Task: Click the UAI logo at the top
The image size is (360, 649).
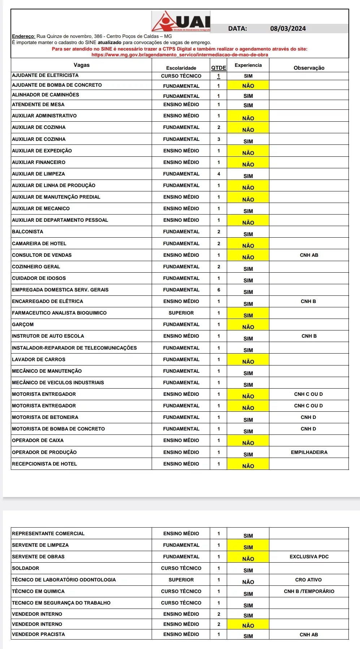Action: pos(181,21)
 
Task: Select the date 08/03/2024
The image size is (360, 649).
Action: pos(288,29)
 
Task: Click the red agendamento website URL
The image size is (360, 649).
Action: pos(179,55)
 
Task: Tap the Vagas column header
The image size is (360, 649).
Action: pos(82,65)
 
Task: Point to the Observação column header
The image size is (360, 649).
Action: pos(309,68)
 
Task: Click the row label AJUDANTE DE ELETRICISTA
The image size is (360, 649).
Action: pos(45,75)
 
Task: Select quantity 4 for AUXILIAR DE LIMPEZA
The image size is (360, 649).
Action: pos(218,174)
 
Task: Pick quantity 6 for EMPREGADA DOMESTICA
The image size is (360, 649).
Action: pos(218,290)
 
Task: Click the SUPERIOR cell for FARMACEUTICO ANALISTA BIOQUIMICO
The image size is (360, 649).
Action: pos(181,313)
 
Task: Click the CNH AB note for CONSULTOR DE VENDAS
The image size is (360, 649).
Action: pos(309,255)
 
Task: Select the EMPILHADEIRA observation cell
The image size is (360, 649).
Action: pos(309,452)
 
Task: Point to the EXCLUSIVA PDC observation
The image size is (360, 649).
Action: pos(309,557)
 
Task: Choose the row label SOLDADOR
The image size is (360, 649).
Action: pos(26,568)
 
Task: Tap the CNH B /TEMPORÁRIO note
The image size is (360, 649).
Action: pos(309,591)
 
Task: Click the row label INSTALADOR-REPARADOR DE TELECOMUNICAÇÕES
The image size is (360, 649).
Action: pos(74,348)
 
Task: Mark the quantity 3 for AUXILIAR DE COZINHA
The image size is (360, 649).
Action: pos(218,139)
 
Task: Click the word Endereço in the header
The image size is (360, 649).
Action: pos(23,36)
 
